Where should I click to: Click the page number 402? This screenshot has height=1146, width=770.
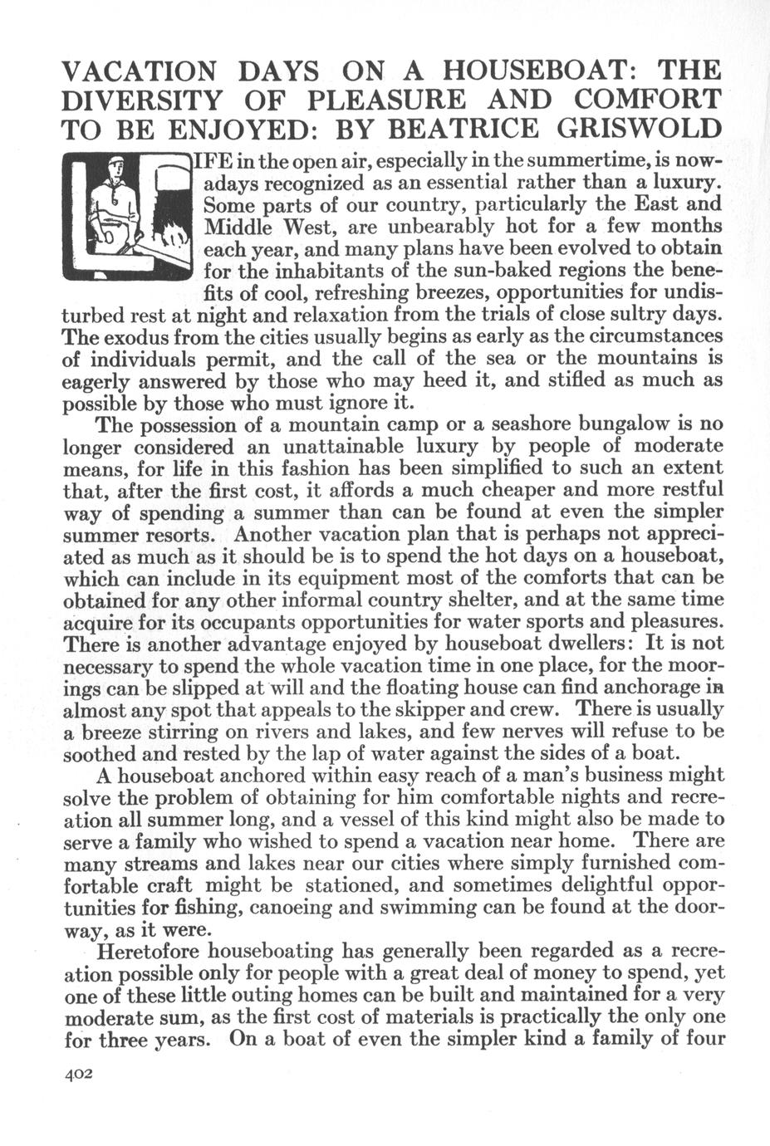point(82,1073)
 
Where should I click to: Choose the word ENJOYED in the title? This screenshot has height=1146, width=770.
point(245,130)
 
